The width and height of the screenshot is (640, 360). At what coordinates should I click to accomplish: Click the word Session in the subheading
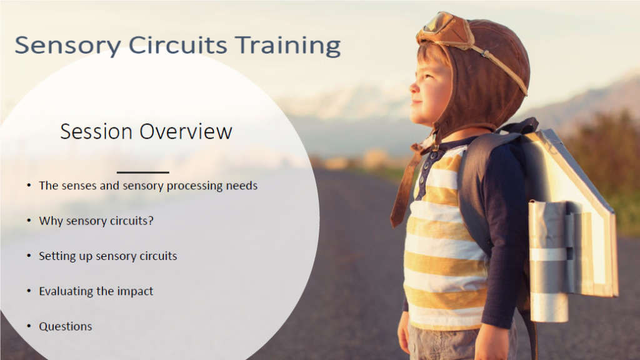coord(96,131)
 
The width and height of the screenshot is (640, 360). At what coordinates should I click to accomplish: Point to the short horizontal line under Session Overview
coord(142,172)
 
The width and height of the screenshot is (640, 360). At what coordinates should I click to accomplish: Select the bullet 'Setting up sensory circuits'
coord(107,256)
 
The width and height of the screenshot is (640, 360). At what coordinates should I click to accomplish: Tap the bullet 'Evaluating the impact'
coord(96,291)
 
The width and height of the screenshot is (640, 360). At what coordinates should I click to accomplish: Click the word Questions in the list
coord(65,326)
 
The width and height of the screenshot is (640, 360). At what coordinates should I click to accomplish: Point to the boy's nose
coord(412,84)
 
